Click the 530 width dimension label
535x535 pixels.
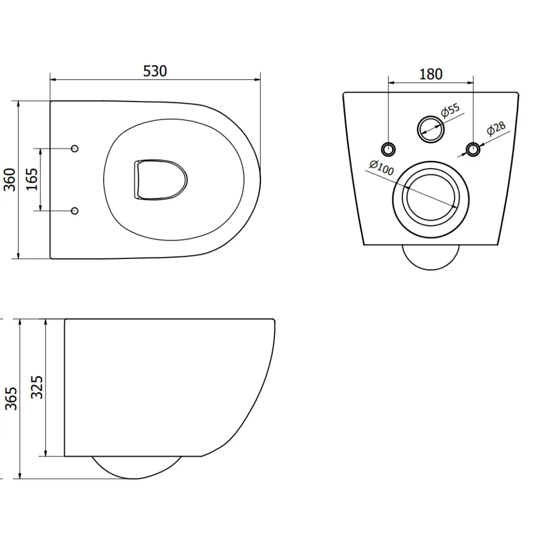click(x=155, y=71)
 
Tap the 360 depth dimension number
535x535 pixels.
click(x=10, y=180)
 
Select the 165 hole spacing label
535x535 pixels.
click(x=33, y=179)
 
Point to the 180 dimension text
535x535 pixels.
click(x=431, y=74)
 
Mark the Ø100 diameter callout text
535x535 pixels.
click(x=381, y=167)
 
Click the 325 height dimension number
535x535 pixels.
click(x=37, y=387)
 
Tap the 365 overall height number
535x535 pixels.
click(x=11, y=398)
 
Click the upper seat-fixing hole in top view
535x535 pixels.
click(x=75, y=148)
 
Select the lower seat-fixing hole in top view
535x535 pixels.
click(x=75, y=211)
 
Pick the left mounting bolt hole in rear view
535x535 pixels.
click(x=388, y=149)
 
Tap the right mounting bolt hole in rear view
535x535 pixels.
click(x=473, y=149)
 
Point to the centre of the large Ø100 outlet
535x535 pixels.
click(x=431, y=200)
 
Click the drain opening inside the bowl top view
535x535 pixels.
click(x=160, y=179)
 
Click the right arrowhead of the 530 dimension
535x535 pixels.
click(x=258, y=80)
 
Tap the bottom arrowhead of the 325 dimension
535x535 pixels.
click(x=46, y=453)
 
